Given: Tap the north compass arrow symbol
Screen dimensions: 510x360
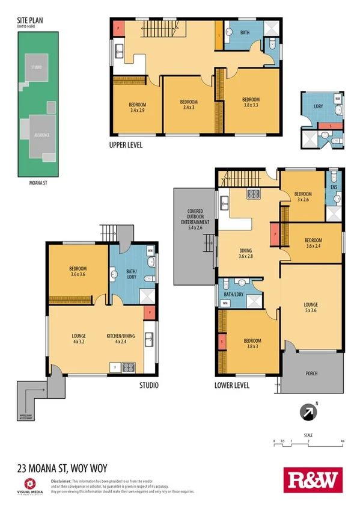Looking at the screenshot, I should coord(308,412).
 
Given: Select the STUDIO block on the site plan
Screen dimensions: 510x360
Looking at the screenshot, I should coord(37,67).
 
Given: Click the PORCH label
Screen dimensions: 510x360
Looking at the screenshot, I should coord(311,373).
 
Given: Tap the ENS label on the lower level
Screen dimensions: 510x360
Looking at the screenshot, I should coord(334,186).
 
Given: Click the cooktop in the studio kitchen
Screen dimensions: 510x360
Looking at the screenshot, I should coord(128,366).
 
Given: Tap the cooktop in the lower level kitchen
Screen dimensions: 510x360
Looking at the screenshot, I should coord(253,194).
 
